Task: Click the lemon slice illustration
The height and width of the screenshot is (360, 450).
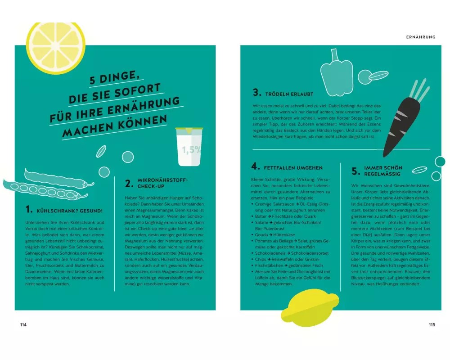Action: pos(56,47)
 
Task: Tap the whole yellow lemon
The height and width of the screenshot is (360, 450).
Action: pos(310,307)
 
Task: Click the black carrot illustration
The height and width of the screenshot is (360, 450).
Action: pos(402,126)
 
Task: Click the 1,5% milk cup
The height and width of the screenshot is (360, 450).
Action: pos(189,147)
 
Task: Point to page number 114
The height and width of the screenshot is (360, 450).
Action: pos(23,325)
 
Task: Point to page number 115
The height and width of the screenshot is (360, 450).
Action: pos(432,325)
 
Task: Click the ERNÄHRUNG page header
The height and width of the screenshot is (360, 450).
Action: pos(421,37)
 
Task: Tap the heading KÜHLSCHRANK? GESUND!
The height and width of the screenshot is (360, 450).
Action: pos(69,211)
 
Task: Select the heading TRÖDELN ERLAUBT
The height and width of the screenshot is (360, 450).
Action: pos(289,94)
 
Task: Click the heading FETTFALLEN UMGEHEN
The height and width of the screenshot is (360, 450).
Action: pos(293,168)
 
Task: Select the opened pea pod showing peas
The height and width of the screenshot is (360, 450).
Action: pos(45,190)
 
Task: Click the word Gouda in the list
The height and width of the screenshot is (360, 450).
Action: pos(261,235)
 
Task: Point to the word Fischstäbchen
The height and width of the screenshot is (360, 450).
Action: pos(269,265)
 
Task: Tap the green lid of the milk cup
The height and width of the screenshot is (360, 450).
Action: pos(189,130)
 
